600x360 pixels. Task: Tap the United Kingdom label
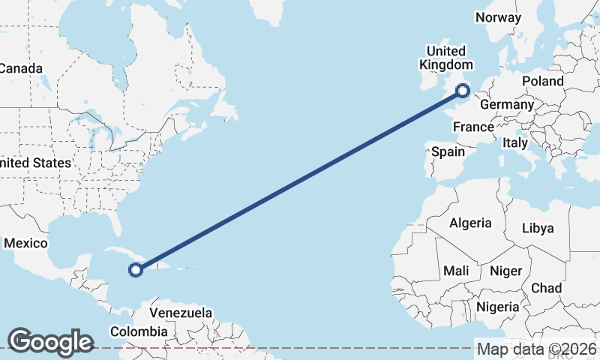[x=445, y=58]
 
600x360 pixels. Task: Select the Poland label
[x=543, y=81]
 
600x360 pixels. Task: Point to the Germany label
[x=506, y=104]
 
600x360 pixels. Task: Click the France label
[x=473, y=127]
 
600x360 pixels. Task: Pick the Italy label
[x=515, y=142]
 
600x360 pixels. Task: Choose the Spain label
[x=448, y=152]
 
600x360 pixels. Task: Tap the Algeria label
[x=470, y=223]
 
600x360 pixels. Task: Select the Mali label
[x=456, y=271]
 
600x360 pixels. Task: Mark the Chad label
[x=546, y=288]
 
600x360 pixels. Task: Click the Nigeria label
[x=497, y=307]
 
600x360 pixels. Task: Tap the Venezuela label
[x=181, y=313]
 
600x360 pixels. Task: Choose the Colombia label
[x=139, y=331]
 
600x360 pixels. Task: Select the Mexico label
[x=25, y=243]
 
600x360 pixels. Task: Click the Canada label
[x=20, y=68]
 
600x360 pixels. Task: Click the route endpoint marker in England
[x=463, y=91]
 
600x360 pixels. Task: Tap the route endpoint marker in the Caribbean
[x=136, y=270]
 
